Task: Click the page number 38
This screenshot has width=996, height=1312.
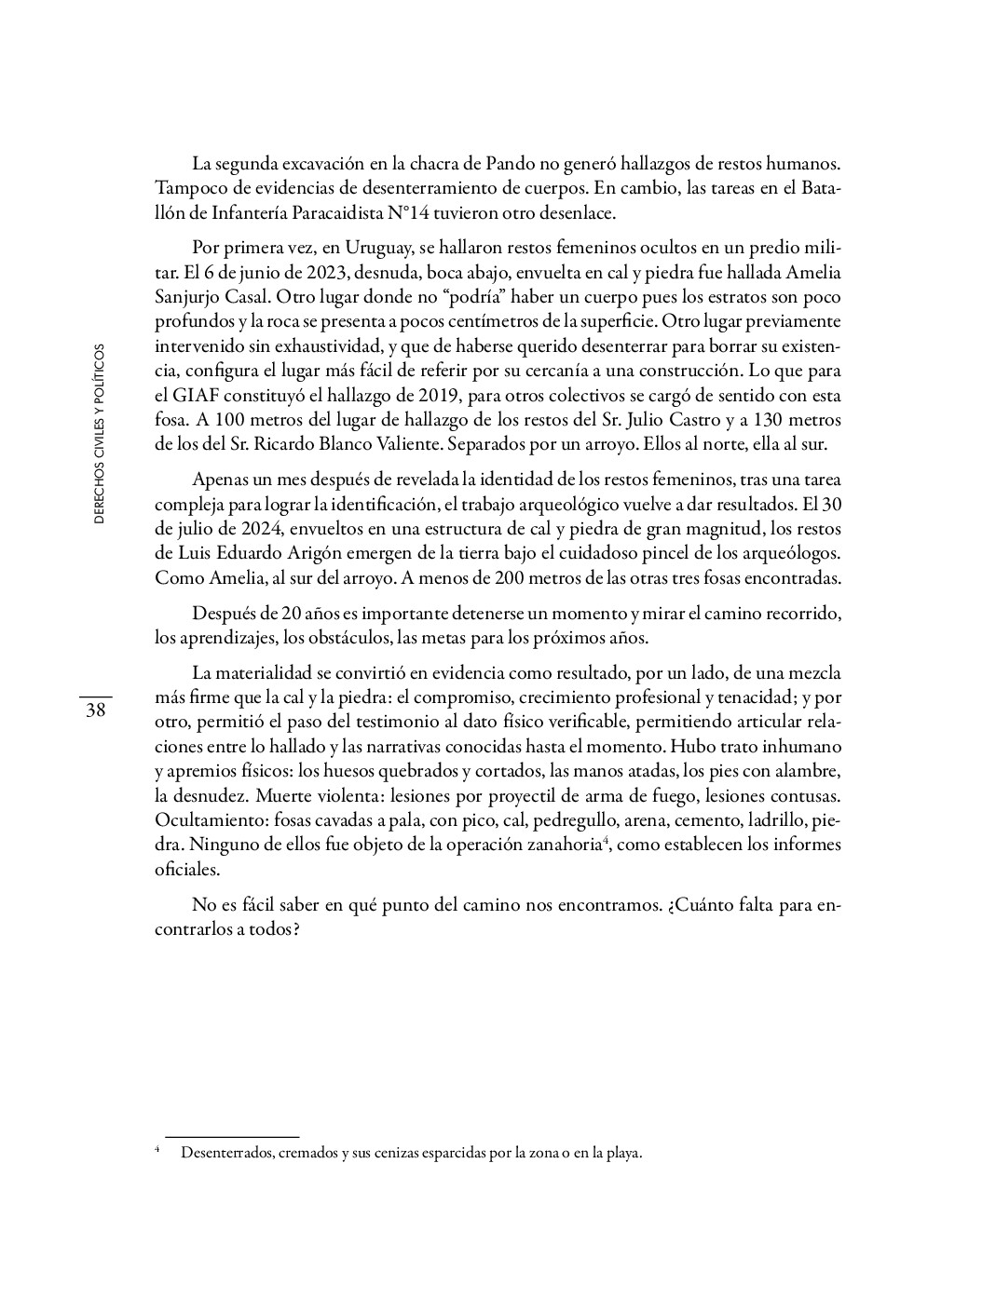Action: (95, 710)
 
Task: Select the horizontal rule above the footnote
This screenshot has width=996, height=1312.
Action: (231, 1137)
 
